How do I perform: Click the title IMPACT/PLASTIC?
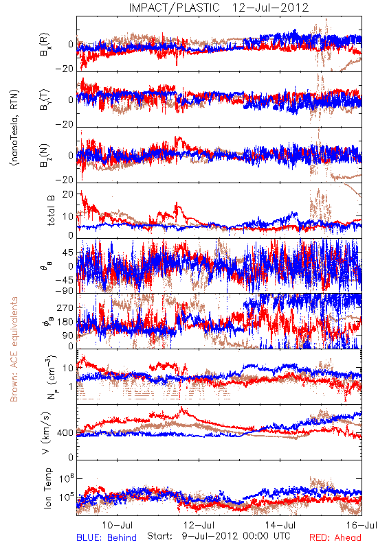(174, 8)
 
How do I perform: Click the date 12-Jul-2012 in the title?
(270, 8)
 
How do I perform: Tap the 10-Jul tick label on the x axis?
(117, 525)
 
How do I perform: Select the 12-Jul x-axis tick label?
(199, 525)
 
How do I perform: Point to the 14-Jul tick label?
(280, 525)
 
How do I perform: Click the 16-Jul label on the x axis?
(362, 525)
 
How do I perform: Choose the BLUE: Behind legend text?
(107, 537)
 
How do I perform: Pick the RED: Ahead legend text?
(335, 537)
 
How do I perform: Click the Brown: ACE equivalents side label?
(14, 349)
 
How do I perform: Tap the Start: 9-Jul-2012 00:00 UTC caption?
(219, 536)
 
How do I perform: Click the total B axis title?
(51, 211)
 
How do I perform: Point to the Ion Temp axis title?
(47, 488)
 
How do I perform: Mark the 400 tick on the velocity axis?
(65, 433)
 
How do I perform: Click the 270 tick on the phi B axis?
(65, 307)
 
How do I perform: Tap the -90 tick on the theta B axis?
(65, 291)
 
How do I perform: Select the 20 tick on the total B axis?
(68, 194)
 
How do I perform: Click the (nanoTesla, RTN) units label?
(14, 127)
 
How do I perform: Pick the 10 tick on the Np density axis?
(68, 368)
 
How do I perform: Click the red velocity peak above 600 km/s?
(181, 408)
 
